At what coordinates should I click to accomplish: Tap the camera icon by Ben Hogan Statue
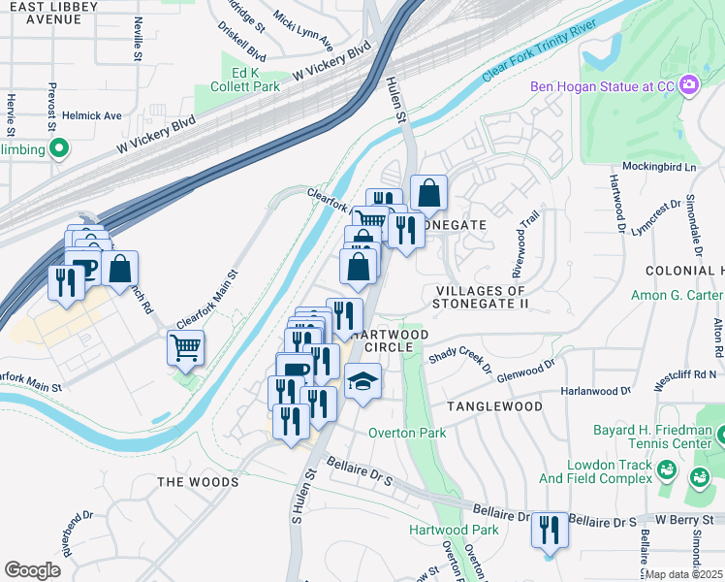(x=689, y=86)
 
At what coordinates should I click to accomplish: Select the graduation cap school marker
(x=362, y=382)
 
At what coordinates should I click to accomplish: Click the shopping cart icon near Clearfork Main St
(x=185, y=347)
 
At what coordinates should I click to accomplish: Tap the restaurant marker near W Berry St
(x=551, y=531)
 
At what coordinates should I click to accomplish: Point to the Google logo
(x=32, y=570)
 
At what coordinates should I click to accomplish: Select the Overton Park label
(x=406, y=433)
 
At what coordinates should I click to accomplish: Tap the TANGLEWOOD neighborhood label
(x=494, y=406)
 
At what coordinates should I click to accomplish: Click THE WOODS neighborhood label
(x=198, y=482)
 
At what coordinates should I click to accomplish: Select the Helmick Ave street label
(x=93, y=115)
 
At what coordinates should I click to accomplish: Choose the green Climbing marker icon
(x=58, y=148)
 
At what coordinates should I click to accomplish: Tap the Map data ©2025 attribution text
(x=684, y=574)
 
